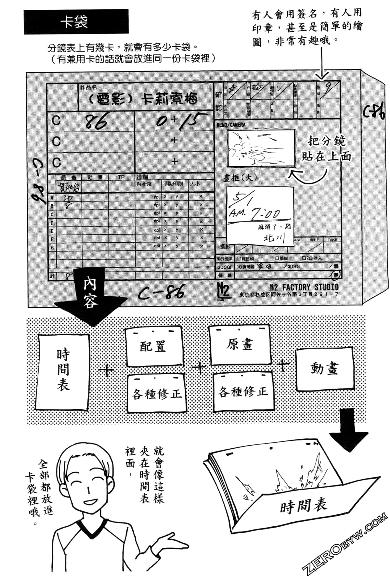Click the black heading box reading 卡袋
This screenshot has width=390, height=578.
(76, 22)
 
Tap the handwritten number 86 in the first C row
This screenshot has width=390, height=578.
(96, 122)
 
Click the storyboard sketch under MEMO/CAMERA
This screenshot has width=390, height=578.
(261, 148)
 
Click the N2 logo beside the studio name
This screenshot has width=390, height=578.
(223, 290)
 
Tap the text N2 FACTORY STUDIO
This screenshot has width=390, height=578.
(304, 287)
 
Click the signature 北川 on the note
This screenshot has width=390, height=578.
(274, 238)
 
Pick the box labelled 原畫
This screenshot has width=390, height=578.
(240, 345)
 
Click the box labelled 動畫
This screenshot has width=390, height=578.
(324, 368)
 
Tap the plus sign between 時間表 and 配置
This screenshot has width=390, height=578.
(106, 371)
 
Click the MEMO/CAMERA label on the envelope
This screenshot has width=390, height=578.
(231, 125)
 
